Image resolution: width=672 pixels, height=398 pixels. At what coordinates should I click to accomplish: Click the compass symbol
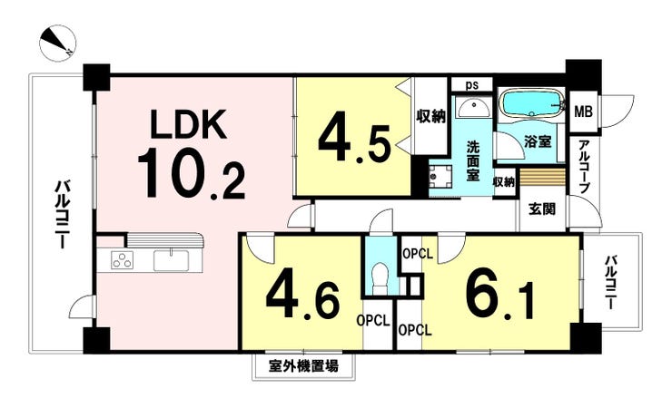(57, 44)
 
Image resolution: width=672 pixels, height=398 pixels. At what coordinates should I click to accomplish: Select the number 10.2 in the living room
(191, 173)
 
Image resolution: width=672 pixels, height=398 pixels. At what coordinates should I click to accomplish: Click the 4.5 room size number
(354, 137)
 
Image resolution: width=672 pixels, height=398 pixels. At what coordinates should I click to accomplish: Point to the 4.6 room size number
(302, 296)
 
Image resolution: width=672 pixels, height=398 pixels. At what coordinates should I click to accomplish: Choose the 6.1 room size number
(499, 296)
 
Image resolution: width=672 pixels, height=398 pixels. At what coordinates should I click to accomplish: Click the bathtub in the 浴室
(531, 104)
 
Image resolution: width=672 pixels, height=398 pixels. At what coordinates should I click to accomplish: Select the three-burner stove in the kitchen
(123, 260)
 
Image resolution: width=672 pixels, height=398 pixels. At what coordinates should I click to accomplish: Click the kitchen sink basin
(171, 260)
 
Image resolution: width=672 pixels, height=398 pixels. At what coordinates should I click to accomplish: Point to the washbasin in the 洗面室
(474, 107)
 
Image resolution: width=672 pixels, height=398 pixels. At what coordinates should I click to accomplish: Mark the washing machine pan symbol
(439, 177)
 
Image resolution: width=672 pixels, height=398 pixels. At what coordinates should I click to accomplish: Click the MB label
(583, 112)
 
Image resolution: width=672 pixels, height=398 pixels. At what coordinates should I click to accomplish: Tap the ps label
(472, 84)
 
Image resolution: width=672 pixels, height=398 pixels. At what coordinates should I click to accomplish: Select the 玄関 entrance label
(542, 209)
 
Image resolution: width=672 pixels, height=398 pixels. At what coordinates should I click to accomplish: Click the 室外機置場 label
(303, 366)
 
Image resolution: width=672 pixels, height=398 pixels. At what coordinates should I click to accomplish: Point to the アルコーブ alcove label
(583, 166)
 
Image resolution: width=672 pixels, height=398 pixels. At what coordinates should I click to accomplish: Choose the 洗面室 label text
(473, 160)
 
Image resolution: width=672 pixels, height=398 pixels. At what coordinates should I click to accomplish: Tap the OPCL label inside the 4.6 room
(374, 321)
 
